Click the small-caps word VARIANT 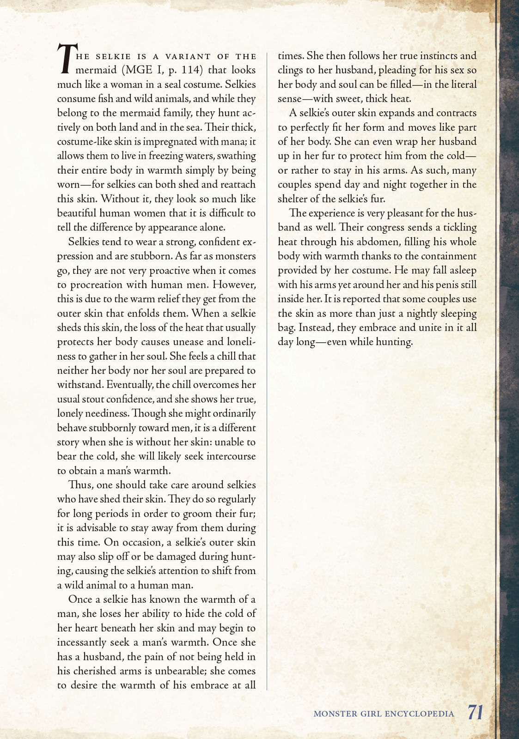pyautogui.click(x=188, y=56)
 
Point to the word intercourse pyautogui.click(x=231, y=456)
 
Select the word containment pyautogui.click(x=446, y=256)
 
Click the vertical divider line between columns pyautogui.click(x=267, y=369)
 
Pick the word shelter pyautogui.click(x=293, y=199)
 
